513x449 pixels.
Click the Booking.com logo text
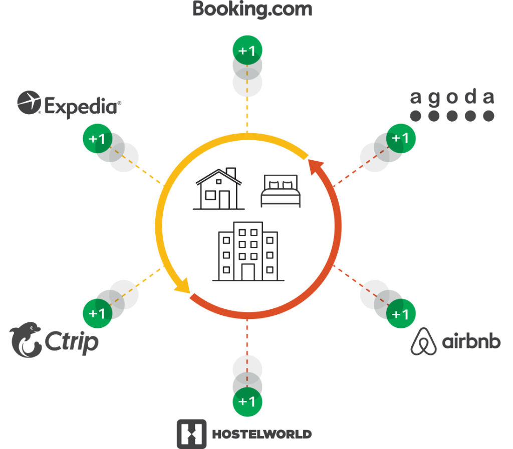point(252,9)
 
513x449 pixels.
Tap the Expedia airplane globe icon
point(29,103)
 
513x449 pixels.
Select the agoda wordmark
point(452,97)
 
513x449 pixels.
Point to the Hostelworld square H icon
point(191,433)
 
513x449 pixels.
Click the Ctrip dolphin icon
point(26,340)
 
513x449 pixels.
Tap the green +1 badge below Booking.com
point(247,51)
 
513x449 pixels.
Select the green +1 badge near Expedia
point(97,139)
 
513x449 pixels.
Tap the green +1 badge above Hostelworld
point(247,401)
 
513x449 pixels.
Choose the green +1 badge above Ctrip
point(97,314)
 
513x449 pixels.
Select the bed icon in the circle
point(281,192)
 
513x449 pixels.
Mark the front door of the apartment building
point(248,271)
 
